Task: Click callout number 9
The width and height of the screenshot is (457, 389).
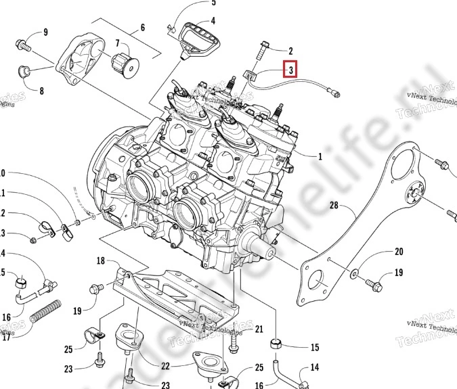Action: pyautogui.click(x=45, y=32)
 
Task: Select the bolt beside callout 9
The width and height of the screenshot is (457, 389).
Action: pyautogui.click(x=23, y=45)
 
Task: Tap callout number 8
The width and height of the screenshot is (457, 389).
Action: pyautogui.click(x=41, y=91)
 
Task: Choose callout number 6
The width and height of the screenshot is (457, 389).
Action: pyautogui.click(x=143, y=28)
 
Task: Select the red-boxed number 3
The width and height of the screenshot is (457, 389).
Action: pyautogui.click(x=290, y=69)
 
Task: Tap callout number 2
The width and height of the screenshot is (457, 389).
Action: pyautogui.click(x=290, y=51)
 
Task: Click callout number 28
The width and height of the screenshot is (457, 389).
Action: pyautogui.click(x=333, y=205)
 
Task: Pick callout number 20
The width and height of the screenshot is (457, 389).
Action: pyautogui.click(x=399, y=252)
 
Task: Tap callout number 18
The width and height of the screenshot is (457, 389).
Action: pyautogui.click(x=100, y=260)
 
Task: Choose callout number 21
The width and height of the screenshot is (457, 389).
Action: pyautogui.click(x=259, y=329)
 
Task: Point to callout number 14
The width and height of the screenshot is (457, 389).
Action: pyautogui.click(x=314, y=369)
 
